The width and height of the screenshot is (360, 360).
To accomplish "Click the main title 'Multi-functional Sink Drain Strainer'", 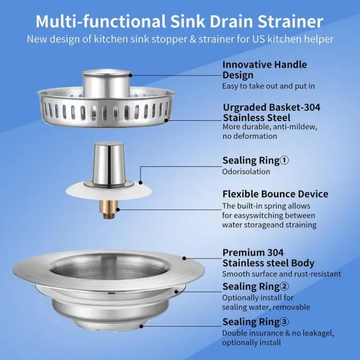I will [179, 21].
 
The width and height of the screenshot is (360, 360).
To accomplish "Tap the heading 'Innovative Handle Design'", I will [264, 70].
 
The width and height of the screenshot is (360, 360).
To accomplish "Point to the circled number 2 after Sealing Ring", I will [284, 286].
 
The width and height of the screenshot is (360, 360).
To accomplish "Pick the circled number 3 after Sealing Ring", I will [284, 321].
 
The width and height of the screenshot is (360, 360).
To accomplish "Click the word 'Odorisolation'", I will [245, 171].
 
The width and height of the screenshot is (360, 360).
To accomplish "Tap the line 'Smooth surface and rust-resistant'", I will [281, 274].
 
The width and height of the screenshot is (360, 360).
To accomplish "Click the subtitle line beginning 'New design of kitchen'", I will [179, 40].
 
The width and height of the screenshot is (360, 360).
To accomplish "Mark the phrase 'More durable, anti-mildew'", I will [269, 127].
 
